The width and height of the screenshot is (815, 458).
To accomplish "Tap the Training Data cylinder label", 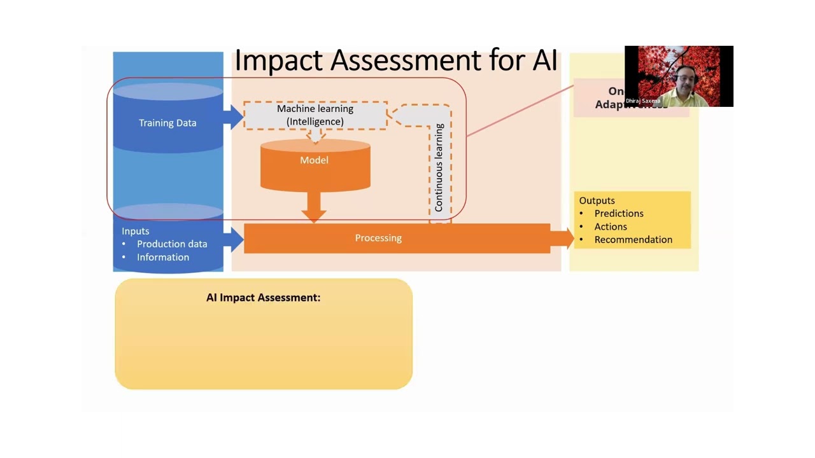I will pyautogui.click(x=167, y=123).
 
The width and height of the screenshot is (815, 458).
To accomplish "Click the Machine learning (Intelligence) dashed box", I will pyautogui.click(x=315, y=115).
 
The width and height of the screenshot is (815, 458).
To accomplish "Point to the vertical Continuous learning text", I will pyautogui.click(x=439, y=168).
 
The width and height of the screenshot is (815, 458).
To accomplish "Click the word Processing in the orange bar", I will pyautogui.click(x=378, y=238).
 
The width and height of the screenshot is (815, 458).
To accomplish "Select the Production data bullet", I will pyautogui.click(x=172, y=244).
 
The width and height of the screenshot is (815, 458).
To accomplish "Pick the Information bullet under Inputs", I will pyautogui.click(x=163, y=257).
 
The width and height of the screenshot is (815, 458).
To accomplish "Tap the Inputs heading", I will pyautogui.click(x=136, y=231).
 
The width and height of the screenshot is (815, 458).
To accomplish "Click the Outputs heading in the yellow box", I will pyautogui.click(x=597, y=200).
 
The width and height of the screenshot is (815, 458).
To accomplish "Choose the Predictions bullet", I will pyautogui.click(x=619, y=214).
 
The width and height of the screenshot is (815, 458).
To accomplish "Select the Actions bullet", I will pyautogui.click(x=611, y=226).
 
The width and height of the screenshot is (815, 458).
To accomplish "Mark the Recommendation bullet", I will pyautogui.click(x=633, y=240).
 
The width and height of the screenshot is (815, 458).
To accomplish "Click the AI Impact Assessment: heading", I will pyautogui.click(x=263, y=298).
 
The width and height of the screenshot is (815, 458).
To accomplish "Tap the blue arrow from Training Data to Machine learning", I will pyautogui.click(x=234, y=117).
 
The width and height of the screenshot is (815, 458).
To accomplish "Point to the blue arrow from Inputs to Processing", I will pyautogui.click(x=234, y=239).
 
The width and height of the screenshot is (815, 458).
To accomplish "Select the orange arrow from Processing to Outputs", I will pyautogui.click(x=562, y=239).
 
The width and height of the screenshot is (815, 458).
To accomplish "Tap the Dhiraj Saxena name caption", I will pyautogui.click(x=642, y=101).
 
